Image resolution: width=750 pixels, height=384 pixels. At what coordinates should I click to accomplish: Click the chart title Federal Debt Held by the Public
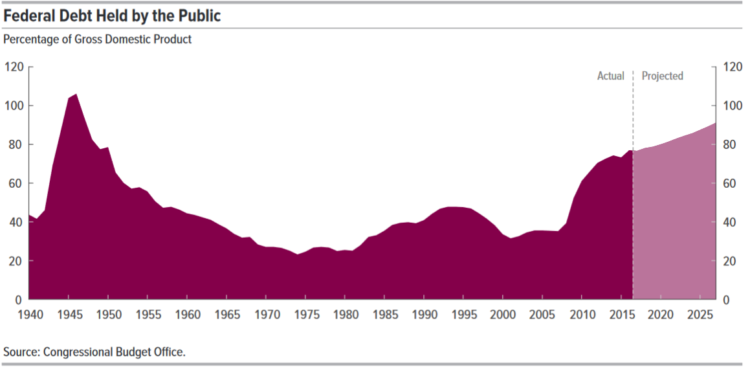[112, 16]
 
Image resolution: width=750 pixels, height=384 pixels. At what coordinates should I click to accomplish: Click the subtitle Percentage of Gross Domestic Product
[98, 39]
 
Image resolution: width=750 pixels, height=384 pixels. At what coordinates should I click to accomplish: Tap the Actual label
[610, 76]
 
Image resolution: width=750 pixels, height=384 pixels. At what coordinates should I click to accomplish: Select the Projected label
[662, 76]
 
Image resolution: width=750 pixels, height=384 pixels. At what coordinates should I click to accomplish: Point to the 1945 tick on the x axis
[69, 315]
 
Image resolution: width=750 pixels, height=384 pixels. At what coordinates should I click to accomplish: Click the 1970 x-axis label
[266, 315]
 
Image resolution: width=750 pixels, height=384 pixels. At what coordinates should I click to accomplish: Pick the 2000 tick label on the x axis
[502, 315]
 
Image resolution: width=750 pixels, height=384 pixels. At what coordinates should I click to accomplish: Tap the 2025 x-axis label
[700, 315]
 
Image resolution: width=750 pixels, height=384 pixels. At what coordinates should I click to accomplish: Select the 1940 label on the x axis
[29, 315]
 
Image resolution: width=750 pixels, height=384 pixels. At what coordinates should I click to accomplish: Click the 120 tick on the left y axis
[14, 67]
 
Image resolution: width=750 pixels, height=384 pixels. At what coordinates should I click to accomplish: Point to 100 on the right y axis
[733, 106]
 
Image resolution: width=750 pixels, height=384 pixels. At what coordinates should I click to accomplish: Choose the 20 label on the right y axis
[730, 261]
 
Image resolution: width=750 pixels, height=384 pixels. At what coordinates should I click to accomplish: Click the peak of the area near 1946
[76, 95]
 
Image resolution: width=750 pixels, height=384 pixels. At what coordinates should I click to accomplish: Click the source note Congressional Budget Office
[94, 352]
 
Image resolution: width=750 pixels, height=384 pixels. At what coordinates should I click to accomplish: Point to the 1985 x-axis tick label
[384, 315]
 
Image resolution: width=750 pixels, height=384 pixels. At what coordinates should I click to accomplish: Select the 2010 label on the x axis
[581, 315]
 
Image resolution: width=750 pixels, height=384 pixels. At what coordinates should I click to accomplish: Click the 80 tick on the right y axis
[730, 144]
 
